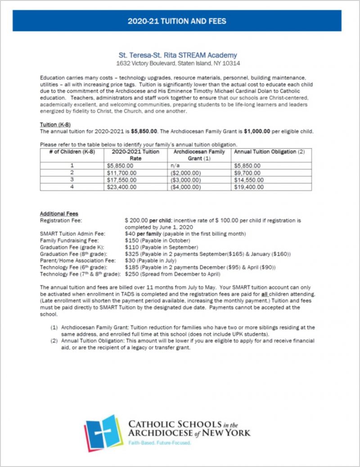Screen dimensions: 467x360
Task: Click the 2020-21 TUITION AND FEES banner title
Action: click(x=177, y=21)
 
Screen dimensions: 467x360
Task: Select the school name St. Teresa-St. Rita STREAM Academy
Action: click(x=177, y=55)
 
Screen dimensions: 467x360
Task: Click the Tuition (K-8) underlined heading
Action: click(x=53, y=125)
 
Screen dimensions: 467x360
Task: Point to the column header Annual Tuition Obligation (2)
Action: click(x=268, y=152)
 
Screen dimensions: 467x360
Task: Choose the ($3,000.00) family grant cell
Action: click(x=186, y=180)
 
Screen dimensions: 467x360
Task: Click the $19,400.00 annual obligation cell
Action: click(x=248, y=187)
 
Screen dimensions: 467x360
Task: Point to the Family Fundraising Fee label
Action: click(x=64, y=241)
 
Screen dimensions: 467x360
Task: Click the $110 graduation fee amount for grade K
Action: click(x=131, y=247)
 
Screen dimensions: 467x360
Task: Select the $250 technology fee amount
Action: click(x=131, y=274)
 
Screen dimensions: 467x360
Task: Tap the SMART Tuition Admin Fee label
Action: click(x=66, y=234)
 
